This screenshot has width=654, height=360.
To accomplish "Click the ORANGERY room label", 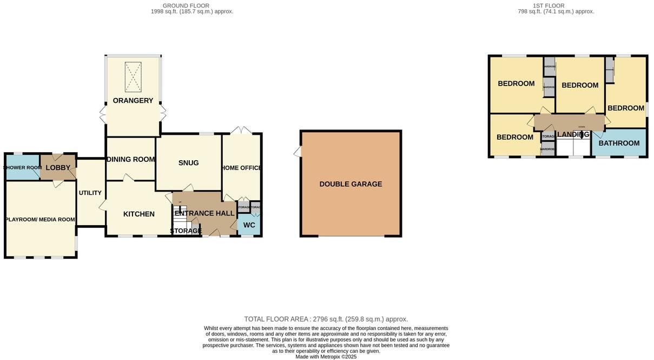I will tap(133, 101).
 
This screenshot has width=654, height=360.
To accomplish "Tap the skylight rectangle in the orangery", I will tap(133, 77).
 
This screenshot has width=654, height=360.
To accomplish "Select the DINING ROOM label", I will tap(130, 160).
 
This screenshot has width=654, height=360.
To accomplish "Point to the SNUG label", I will tap(188, 163).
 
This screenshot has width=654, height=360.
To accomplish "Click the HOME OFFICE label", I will tap(241, 168).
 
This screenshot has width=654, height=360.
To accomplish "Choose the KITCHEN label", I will tap(139, 214).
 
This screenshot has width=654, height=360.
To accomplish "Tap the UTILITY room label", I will tap(90, 193).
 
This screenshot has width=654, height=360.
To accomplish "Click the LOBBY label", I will tap(58, 168).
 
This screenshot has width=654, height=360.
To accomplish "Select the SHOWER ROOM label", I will tap(22, 168).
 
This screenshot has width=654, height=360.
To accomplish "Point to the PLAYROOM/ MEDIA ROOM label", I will tap(40, 220).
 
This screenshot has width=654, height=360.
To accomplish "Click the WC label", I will tap(249, 225).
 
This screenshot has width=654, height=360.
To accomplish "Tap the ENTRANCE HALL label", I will tap(204, 213).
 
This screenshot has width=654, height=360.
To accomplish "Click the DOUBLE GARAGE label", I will tap(351, 184).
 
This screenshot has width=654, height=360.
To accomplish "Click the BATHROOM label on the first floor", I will tap(619, 143).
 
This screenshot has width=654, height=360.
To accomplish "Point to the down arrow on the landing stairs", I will tap(582, 136).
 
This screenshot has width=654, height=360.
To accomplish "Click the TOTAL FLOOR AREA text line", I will tap(326, 319).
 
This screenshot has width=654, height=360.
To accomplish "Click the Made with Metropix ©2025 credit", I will tap(326, 357).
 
